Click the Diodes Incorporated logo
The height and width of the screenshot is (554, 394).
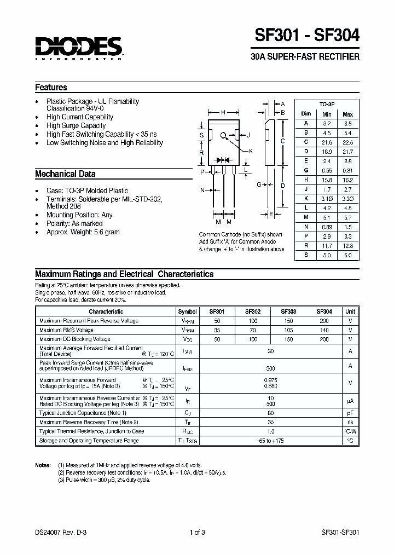coord(79,48)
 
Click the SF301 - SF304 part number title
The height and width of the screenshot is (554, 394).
coord(307,36)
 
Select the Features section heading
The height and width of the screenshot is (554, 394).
coord(51,88)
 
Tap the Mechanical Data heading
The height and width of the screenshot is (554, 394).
coord(65,174)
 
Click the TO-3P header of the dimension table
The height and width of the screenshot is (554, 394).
coord(327,103)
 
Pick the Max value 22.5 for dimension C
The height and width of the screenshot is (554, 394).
coord(347,142)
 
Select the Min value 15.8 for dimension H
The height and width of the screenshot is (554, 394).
coord(327,179)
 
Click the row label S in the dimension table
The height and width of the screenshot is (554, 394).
coord(306,255)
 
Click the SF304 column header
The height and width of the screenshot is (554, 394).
coord(324,311)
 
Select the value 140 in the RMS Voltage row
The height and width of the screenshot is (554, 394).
coord(324,330)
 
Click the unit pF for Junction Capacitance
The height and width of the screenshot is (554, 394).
coord(350,413)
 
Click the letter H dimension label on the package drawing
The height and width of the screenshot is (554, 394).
coord(223,112)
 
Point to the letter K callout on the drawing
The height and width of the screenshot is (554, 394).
coord(251,151)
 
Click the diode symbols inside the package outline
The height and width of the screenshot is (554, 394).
coord(223,160)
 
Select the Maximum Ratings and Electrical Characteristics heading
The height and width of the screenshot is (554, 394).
coord(124,274)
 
